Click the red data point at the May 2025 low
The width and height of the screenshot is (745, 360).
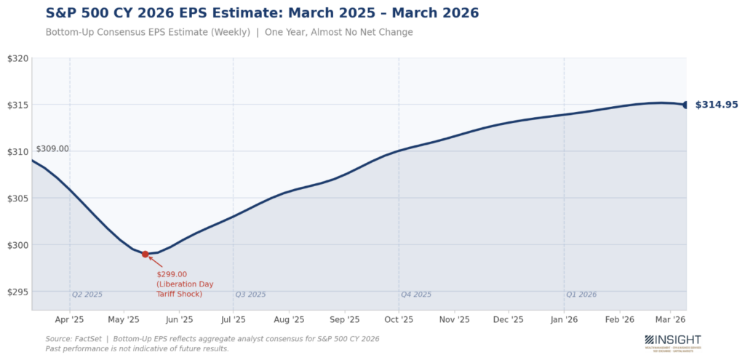pyautogui.click(x=146, y=255)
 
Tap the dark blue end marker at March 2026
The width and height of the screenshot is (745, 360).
pyautogui.click(x=686, y=105)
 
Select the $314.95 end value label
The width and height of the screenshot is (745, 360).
pyautogui.click(x=717, y=105)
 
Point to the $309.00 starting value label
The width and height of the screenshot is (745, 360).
pyautogui.click(x=52, y=148)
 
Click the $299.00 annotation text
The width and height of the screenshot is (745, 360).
pyautogui.click(x=172, y=274)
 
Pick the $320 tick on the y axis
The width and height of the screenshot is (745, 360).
pyautogui.click(x=17, y=58)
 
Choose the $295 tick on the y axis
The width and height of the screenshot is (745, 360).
pyautogui.click(x=17, y=292)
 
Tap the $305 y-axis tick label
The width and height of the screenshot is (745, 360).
pyautogui.click(x=17, y=199)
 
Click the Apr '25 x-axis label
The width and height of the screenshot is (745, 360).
pyautogui.click(x=70, y=319)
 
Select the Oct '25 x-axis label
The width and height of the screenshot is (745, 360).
pyautogui.click(x=399, y=319)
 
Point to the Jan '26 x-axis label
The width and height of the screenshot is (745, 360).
pyautogui.click(x=564, y=319)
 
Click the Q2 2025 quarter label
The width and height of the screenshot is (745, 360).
pyautogui.click(x=87, y=295)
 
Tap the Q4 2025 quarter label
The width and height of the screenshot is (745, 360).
pyautogui.click(x=416, y=295)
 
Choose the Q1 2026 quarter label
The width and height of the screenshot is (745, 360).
pyautogui.click(x=581, y=295)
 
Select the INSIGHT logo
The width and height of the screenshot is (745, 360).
pyautogui.click(x=673, y=341)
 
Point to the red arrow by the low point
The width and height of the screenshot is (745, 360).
pyautogui.click(x=156, y=262)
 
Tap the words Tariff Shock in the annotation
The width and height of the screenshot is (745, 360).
pyautogui.click(x=179, y=294)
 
